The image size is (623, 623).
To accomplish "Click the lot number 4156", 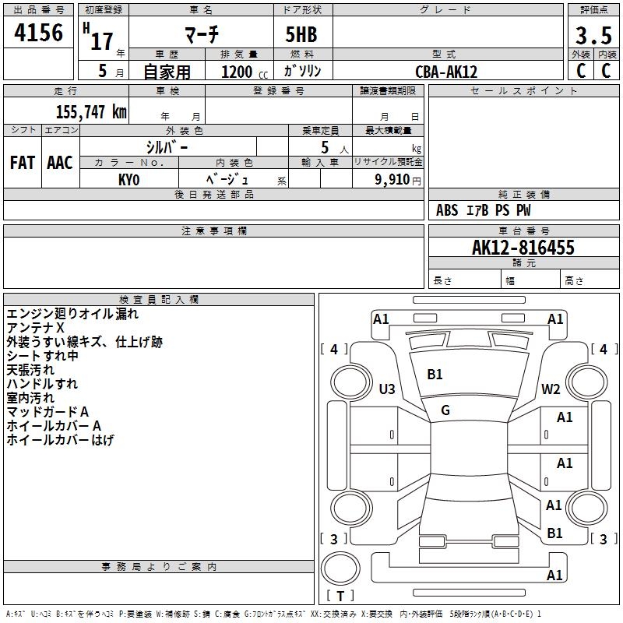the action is pyautogui.click(x=38, y=33).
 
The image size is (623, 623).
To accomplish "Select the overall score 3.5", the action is pyautogui.click(x=593, y=35).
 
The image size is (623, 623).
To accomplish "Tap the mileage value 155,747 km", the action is pyautogui.click(x=91, y=111).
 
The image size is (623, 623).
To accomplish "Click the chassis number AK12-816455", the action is pyautogui.click(x=523, y=248).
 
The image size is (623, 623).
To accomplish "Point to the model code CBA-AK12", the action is pyautogui.click(x=446, y=72).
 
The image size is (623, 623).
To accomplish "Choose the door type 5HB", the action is pyautogui.click(x=301, y=34).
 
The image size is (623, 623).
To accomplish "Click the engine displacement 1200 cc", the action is pyautogui.click(x=245, y=72).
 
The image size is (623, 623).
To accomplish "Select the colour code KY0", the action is pyautogui.click(x=128, y=180).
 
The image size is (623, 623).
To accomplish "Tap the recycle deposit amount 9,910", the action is pyautogui.click(x=392, y=180).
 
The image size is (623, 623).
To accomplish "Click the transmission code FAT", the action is pyautogui.click(x=23, y=163).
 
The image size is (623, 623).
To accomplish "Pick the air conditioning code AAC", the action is pyautogui.click(x=60, y=163).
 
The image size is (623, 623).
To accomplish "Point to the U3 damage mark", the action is pyautogui.click(x=387, y=389).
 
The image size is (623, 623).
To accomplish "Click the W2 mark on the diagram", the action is pyautogui.click(x=551, y=389).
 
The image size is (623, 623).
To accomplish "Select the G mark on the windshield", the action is pyautogui.click(x=445, y=410).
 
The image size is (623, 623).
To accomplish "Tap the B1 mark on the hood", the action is pyautogui.click(x=435, y=375).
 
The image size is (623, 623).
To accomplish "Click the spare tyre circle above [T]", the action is pyautogui.click(x=340, y=568).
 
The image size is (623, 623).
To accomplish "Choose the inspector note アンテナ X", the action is pyautogui.click(x=35, y=328).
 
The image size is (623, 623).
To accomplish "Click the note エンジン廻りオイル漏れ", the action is pyautogui.click(x=72, y=314).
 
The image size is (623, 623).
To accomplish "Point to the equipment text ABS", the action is pyautogui.click(x=447, y=210).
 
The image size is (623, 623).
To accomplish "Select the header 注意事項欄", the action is pyautogui.click(x=214, y=231).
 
